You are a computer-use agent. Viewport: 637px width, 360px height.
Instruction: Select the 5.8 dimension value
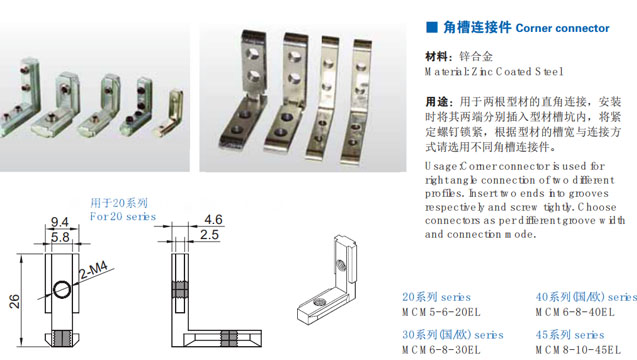tap(59, 238)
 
